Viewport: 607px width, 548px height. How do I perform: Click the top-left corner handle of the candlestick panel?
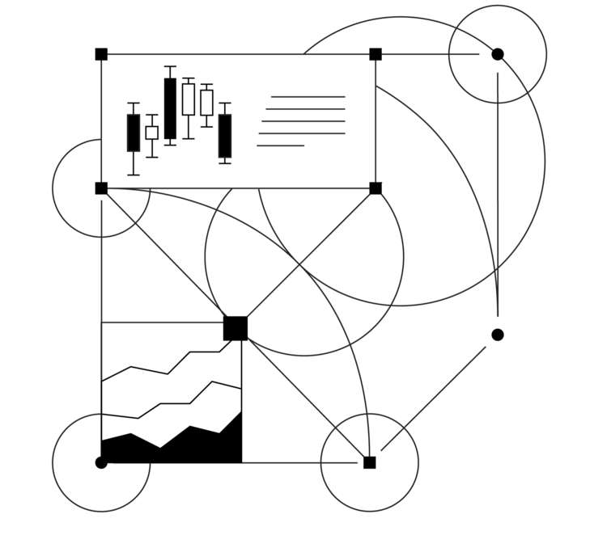(101, 54)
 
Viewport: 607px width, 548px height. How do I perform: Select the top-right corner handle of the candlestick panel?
(376, 54)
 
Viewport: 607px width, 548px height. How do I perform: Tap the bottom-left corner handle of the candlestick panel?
(101, 188)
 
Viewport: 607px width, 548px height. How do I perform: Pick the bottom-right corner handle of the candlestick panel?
(376, 188)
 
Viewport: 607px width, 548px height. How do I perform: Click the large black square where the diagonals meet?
(236, 328)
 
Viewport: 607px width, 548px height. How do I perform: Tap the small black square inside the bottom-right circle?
(370, 462)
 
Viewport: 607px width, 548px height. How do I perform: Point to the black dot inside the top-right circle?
(498, 54)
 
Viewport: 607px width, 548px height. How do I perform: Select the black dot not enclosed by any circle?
(498, 335)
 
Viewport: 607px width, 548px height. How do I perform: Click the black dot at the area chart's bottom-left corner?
(101, 462)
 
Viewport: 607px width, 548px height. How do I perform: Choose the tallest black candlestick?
(170, 108)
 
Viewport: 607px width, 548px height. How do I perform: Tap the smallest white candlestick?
(152, 133)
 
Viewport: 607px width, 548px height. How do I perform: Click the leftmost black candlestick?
(134, 133)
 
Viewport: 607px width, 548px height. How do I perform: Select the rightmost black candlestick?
(225, 136)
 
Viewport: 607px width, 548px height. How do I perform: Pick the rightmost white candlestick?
(207, 103)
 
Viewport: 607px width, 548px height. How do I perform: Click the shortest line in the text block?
(280, 145)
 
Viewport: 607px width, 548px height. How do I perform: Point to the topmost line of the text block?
(308, 97)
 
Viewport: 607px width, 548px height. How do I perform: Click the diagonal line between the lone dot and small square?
(433, 399)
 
